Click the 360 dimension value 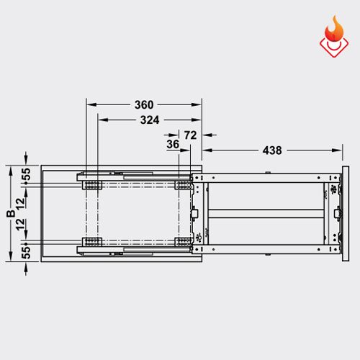tap(143, 104)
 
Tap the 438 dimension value tap(272, 150)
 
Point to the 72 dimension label tap(191, 135)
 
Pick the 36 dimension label tap(173, 144)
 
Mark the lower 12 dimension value tap(26, 228)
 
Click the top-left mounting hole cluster tap(92, 185)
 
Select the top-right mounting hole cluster tap(182, 185)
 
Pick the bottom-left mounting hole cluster tap(92, 241)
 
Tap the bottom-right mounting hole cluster tap(182, 241)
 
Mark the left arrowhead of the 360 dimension tap(90, 104)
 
